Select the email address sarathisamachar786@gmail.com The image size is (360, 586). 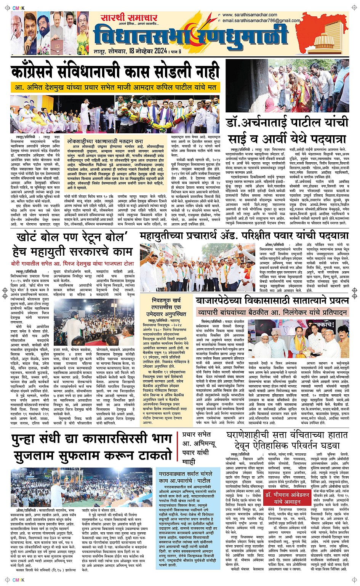click(261, 21)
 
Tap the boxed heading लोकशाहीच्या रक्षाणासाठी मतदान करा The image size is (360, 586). click(105, 141)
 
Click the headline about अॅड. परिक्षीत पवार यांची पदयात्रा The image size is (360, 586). click(244, 235)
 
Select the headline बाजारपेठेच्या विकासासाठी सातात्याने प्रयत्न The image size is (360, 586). click(272, 301)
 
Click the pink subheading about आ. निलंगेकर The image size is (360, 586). click(272, 312)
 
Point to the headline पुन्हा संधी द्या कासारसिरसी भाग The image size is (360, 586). click(91, 439)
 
